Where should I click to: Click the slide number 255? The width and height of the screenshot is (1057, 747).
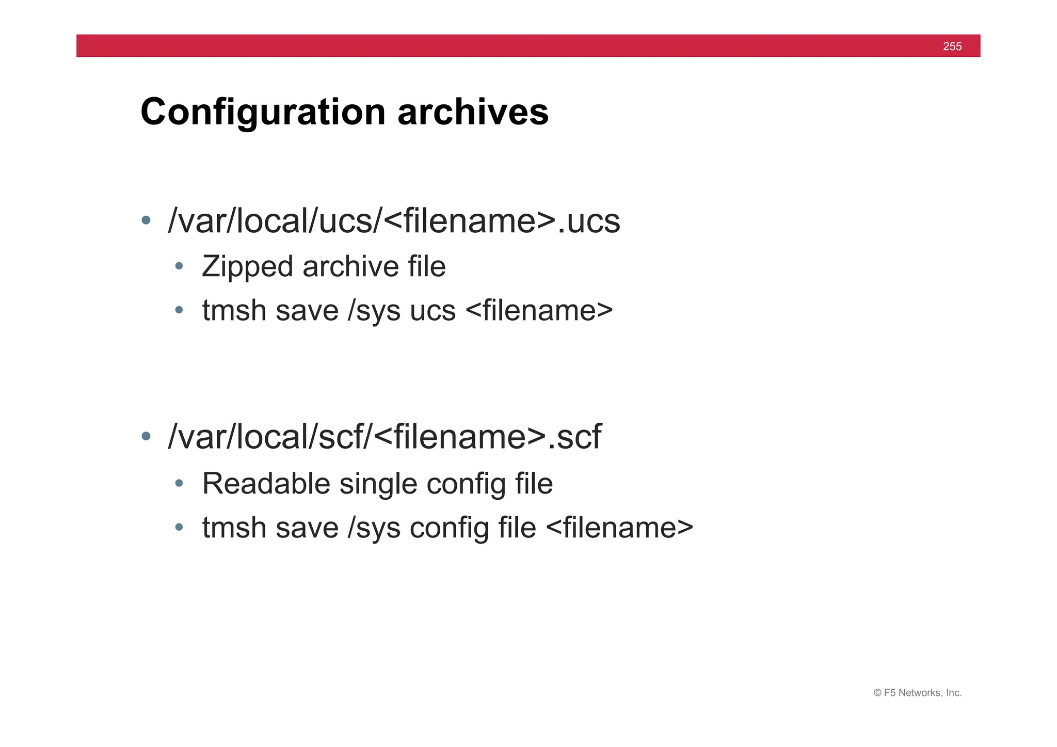click(952, 46)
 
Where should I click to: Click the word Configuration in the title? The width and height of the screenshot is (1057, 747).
click(263, 112)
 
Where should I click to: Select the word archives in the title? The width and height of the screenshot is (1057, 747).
click(473, 112)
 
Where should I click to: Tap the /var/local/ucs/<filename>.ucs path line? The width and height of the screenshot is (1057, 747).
click(394, 221)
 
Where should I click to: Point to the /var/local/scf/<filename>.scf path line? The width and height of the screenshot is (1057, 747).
click(385, 437)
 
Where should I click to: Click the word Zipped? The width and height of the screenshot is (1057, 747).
click(247, 267)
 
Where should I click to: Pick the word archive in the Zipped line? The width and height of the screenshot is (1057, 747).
click(350, 267)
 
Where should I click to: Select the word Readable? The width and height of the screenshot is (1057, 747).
click(266, 484)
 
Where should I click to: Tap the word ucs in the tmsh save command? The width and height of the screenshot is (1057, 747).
click(433, 311)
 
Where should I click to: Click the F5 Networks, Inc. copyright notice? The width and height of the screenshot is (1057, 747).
click(917, 693)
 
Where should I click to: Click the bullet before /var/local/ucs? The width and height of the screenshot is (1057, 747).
click(146, 220)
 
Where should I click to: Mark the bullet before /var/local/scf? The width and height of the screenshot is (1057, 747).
click(146, 436)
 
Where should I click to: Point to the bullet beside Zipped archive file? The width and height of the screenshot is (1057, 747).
click(179, 266)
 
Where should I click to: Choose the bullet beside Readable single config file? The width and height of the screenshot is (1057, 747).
click(179, 484)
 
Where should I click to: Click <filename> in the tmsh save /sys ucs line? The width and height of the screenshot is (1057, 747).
click(539, 311)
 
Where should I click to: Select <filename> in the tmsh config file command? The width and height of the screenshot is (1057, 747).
click(619, 528)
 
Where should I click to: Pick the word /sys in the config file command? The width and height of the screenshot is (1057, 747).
click(374, 528)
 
